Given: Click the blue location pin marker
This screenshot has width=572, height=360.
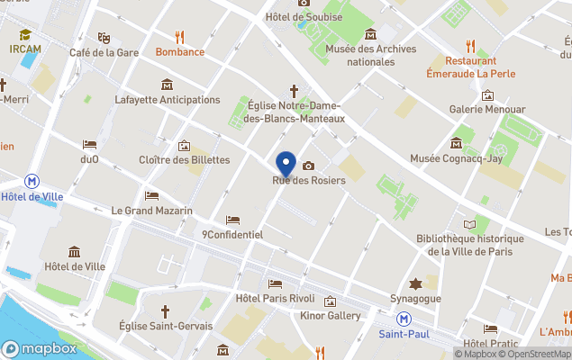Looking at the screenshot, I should click(286, 164).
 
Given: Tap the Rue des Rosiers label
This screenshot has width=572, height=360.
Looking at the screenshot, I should click(309, 181).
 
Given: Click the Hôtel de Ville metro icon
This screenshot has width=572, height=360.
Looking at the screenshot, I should click(32, 181).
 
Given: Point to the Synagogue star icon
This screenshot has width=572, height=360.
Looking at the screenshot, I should click(415, 283).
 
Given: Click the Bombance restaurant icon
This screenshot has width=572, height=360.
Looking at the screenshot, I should click(179, 37).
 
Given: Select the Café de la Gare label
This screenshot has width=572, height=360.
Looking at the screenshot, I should click(104, 52).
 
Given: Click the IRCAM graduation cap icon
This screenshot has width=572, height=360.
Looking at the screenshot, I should click(25, 35).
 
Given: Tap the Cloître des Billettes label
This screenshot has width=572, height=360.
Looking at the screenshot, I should click(185, 160).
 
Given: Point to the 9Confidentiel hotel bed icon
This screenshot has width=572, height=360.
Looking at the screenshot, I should click(232, 220).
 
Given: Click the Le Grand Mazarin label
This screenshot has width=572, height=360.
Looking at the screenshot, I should click(151, 211).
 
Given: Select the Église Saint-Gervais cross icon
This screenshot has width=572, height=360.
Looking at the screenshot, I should click(165, 310).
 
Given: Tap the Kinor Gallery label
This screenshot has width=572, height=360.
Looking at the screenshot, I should click(331, 316).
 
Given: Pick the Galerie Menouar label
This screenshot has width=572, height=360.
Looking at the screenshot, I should click(487, 110).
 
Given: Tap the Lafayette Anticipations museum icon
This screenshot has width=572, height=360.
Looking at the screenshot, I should click(167, 85).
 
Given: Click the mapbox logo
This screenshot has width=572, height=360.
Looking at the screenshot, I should click(40, 348).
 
